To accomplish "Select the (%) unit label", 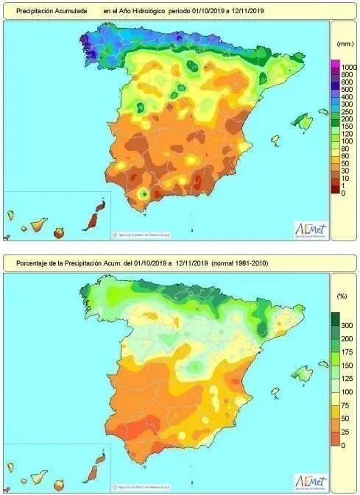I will pos(342,296).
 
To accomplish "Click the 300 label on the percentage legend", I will pos(346,325).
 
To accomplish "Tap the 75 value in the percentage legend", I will pos(344,405).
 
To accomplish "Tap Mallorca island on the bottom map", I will pos(302,373).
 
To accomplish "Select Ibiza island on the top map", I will pos(275,139).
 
